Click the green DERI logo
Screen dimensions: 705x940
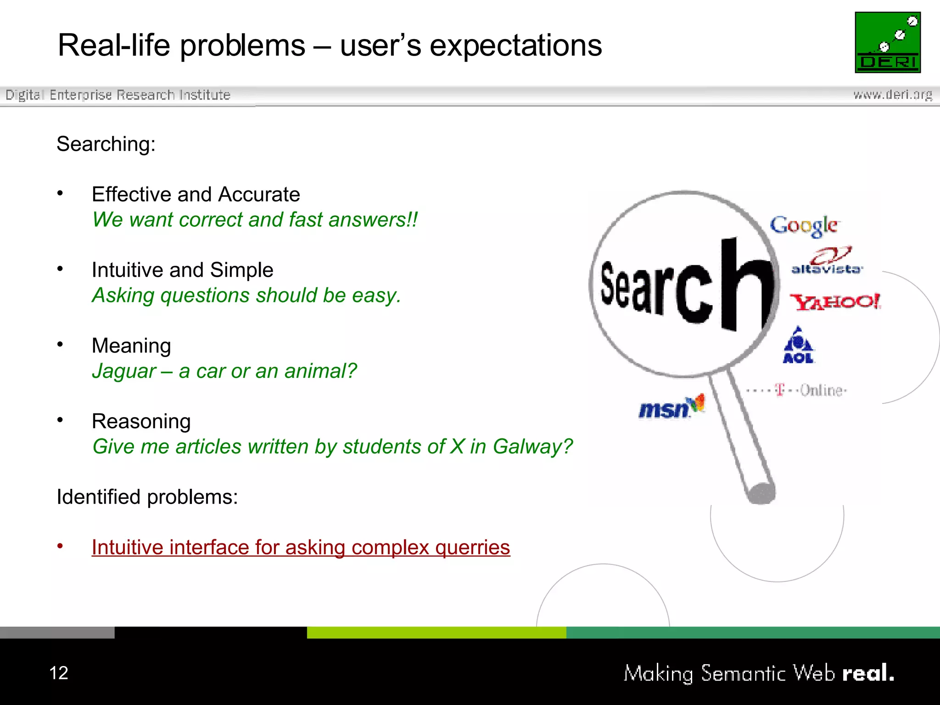pyautogui.click(x=888, y=42)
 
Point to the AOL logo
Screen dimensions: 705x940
pyautogui.click(x=798, y=346)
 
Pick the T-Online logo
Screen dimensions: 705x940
pyautogui.click(x=797, y=390)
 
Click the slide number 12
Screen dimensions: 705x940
pyautogui.click(x=59, y=673)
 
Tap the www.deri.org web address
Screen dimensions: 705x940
pyautogui.click(x=892, y=95)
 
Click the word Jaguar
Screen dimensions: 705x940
pyautogui.click(x=124, y=371)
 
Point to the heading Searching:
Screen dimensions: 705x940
pyautogui.click(x=106, y=144)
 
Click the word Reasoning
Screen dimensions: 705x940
pyautogui.click(x=141, y=421)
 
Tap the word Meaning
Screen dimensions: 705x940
pyautogui.click(x=131, y=346)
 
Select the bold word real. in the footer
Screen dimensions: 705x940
pyautogui.click(x=868, y=673)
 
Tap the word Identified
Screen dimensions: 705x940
pyautogui.click(x=98, y=497)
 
